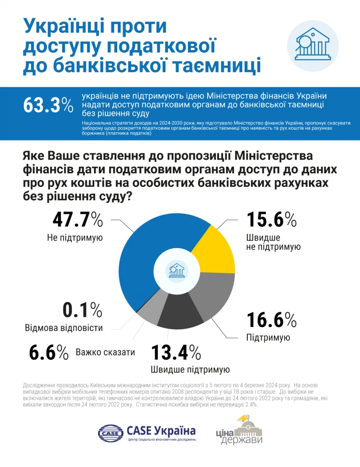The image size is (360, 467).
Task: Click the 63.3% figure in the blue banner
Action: click(48, 105)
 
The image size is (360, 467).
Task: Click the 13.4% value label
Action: click(176, 352)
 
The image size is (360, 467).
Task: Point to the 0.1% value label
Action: click(83, 310)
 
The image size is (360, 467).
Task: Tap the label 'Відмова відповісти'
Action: click(64, 328)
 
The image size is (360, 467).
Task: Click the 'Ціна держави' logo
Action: click(239, 431)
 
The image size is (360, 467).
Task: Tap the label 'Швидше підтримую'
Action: click(190, 369)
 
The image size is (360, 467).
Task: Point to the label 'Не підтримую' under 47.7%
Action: click(74, 238)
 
